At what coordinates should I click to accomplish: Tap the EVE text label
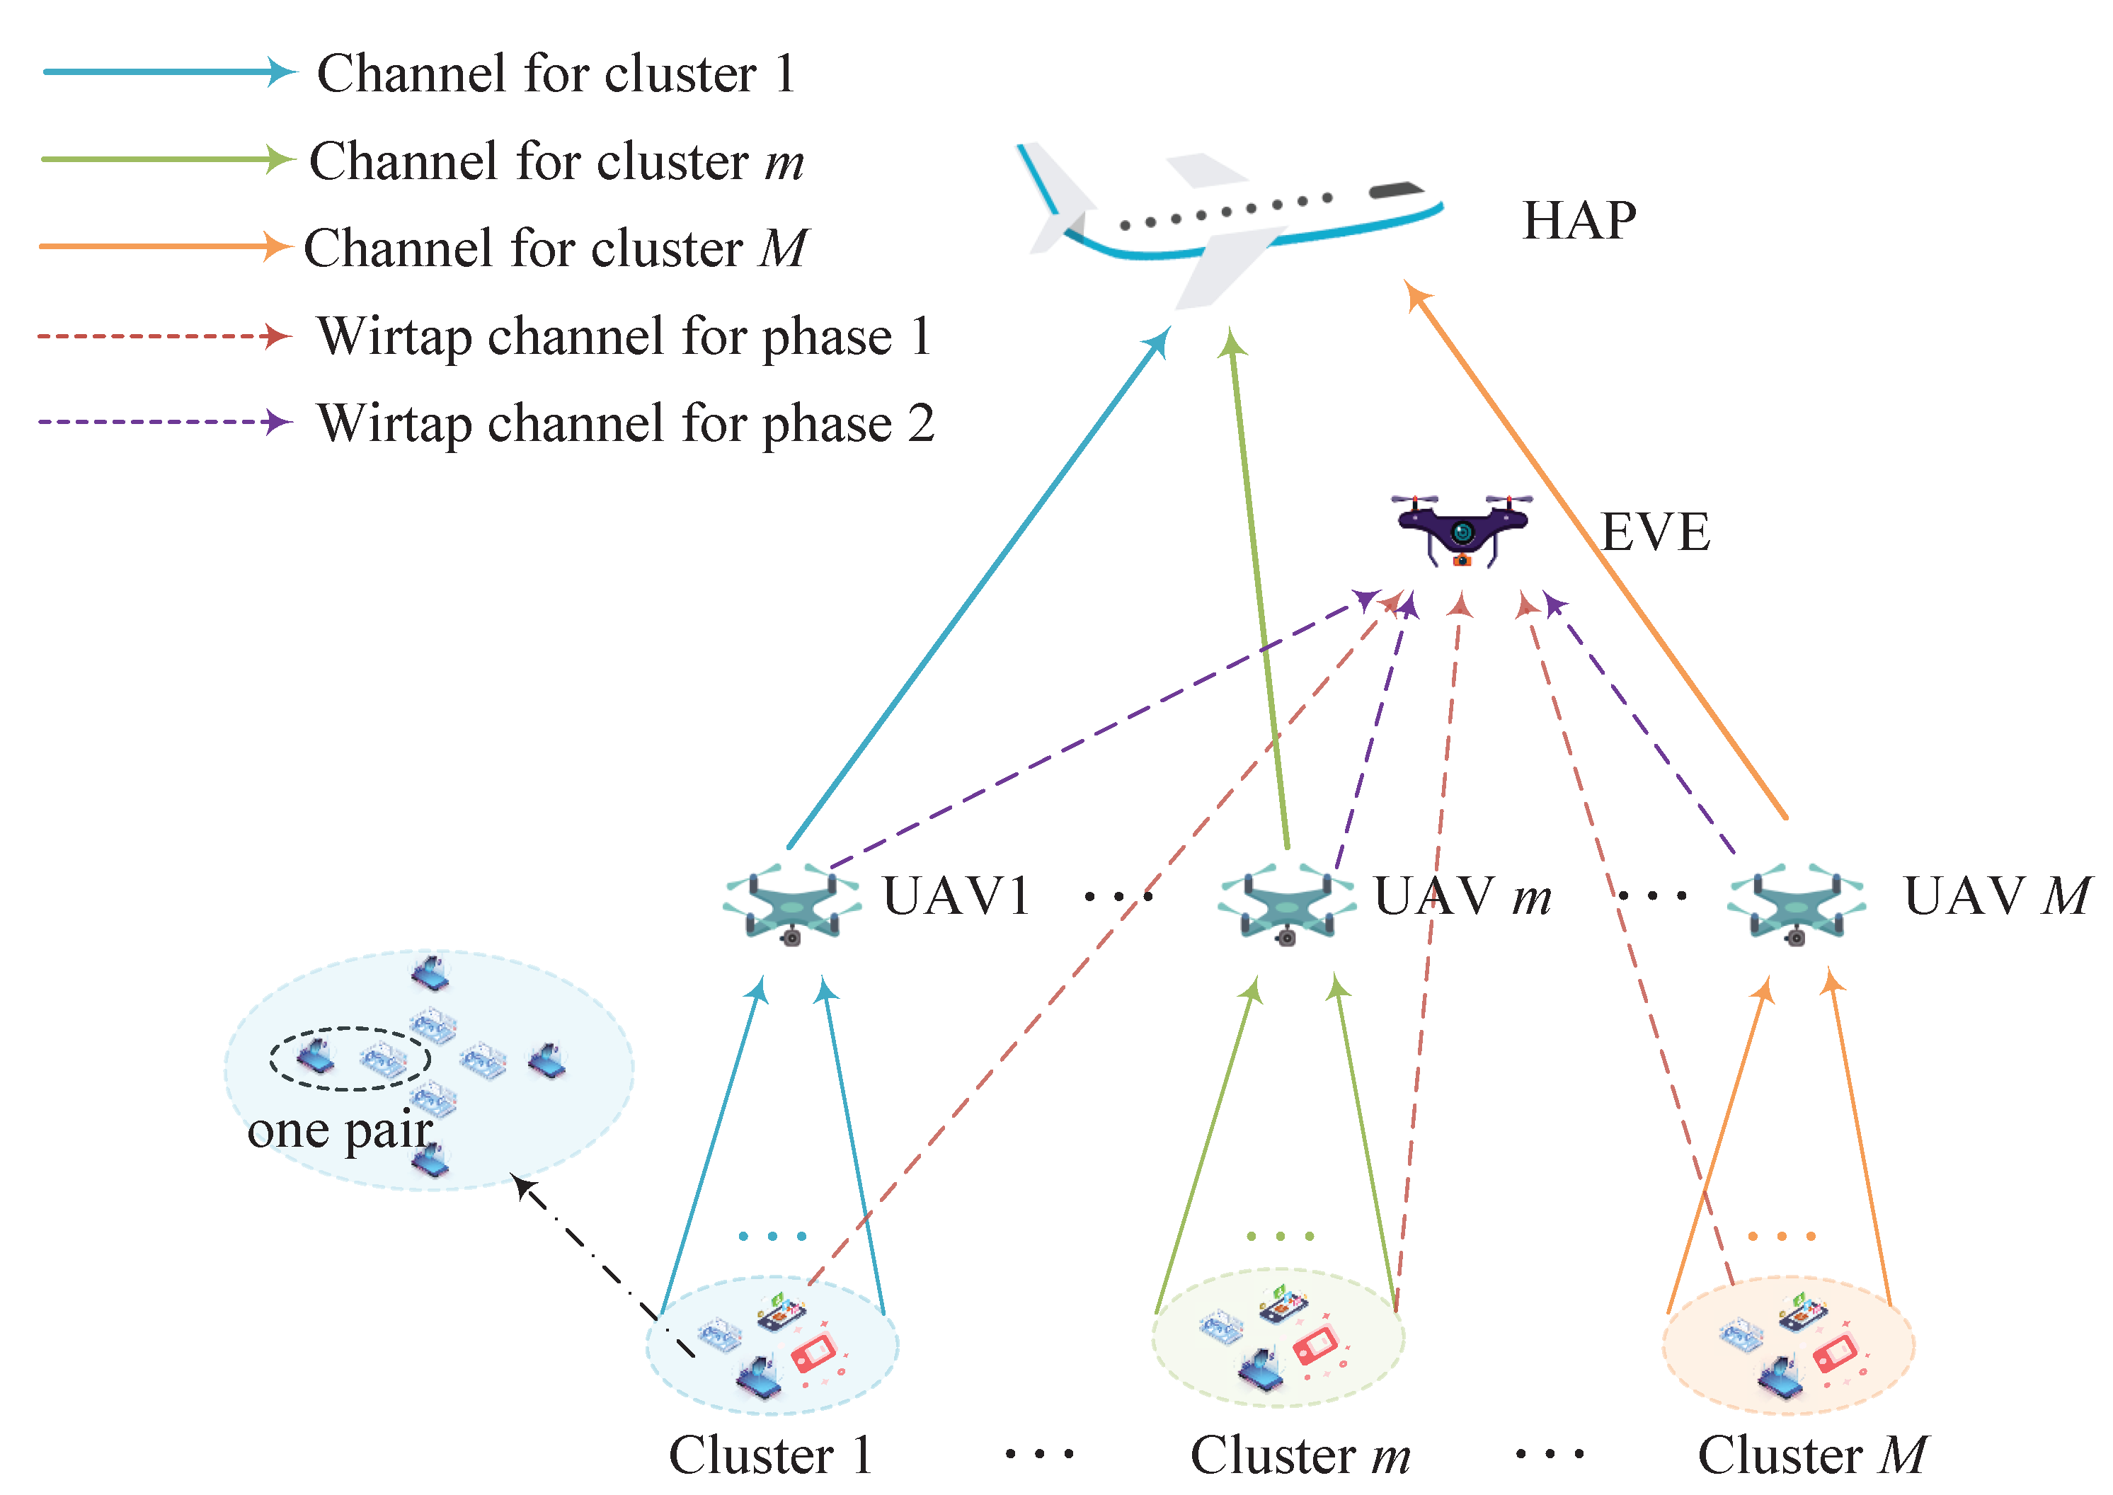tap(1654, 532)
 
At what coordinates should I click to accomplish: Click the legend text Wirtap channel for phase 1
tap(624, 336)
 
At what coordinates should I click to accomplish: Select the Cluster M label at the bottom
tap(1811, 1455)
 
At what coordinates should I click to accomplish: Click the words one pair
tap(340, 1130)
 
